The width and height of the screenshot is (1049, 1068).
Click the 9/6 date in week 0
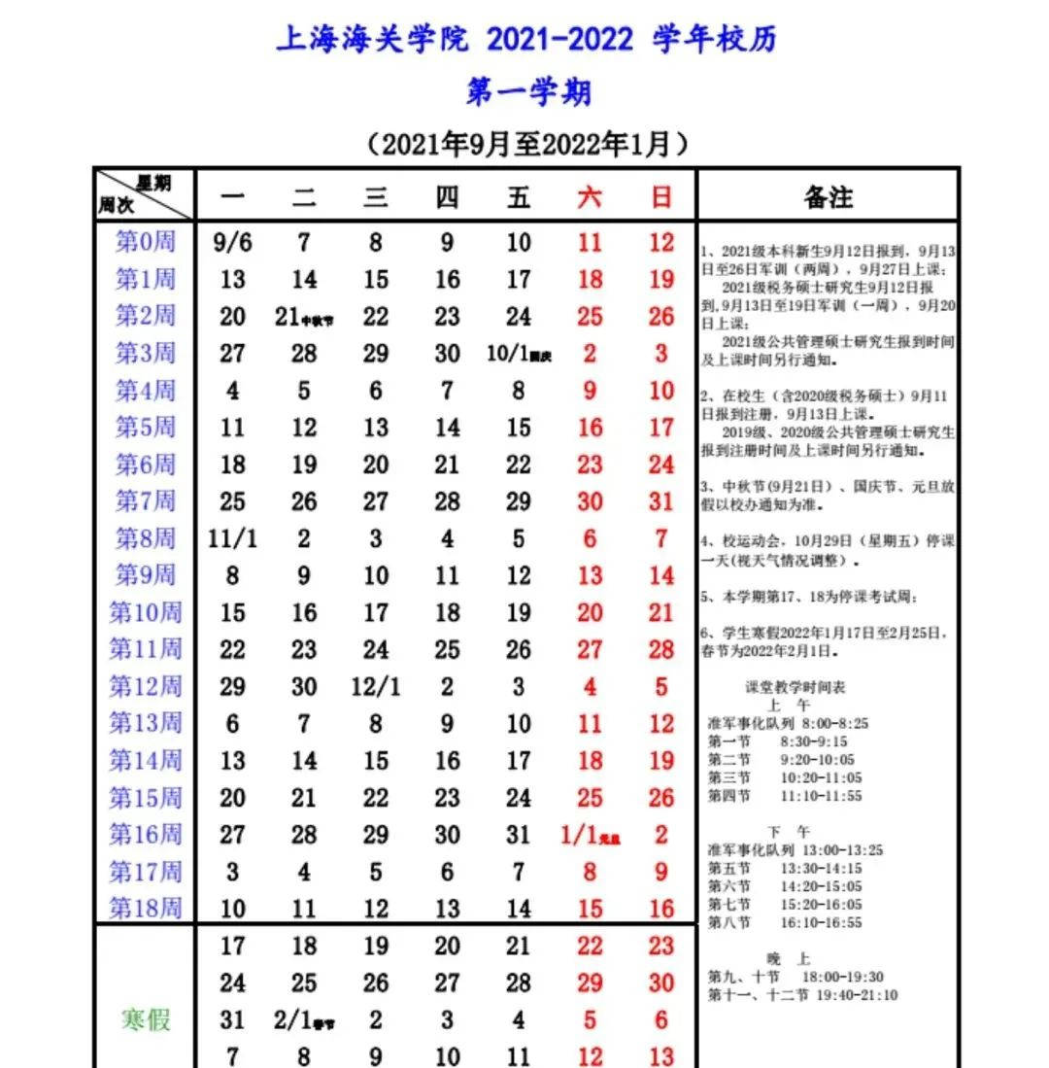point(232,243)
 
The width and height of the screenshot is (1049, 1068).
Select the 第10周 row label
point(146,612)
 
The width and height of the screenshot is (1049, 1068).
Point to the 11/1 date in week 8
point(232,538)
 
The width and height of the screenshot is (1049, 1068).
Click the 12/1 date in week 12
point(376,686)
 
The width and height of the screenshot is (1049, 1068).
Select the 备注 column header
point(828,197)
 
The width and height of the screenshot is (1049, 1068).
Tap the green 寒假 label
point(146,1019)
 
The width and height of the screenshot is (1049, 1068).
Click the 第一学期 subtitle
point(528,93)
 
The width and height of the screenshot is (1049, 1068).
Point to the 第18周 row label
point(146,909)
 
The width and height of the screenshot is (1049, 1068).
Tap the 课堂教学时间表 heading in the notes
point(795,687)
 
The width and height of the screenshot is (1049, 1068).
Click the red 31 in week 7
point(661,501)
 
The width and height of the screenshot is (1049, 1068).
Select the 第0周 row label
point(146,242)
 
